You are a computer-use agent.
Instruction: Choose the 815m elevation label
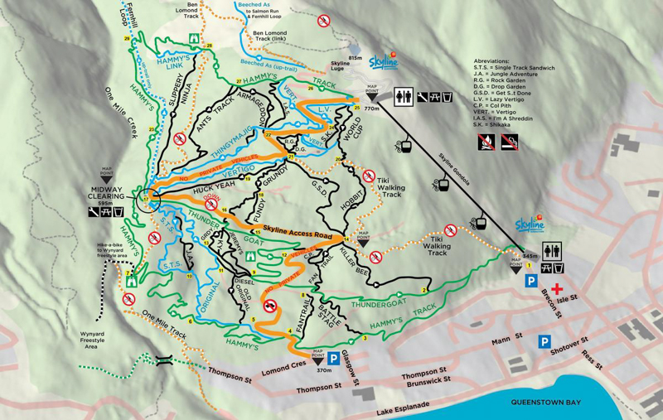pos(356,58)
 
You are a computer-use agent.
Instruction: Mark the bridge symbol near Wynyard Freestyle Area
pos(162,361)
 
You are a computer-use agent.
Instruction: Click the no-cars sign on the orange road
pos(270,304)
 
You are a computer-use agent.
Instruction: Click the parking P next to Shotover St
pos(544,340)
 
